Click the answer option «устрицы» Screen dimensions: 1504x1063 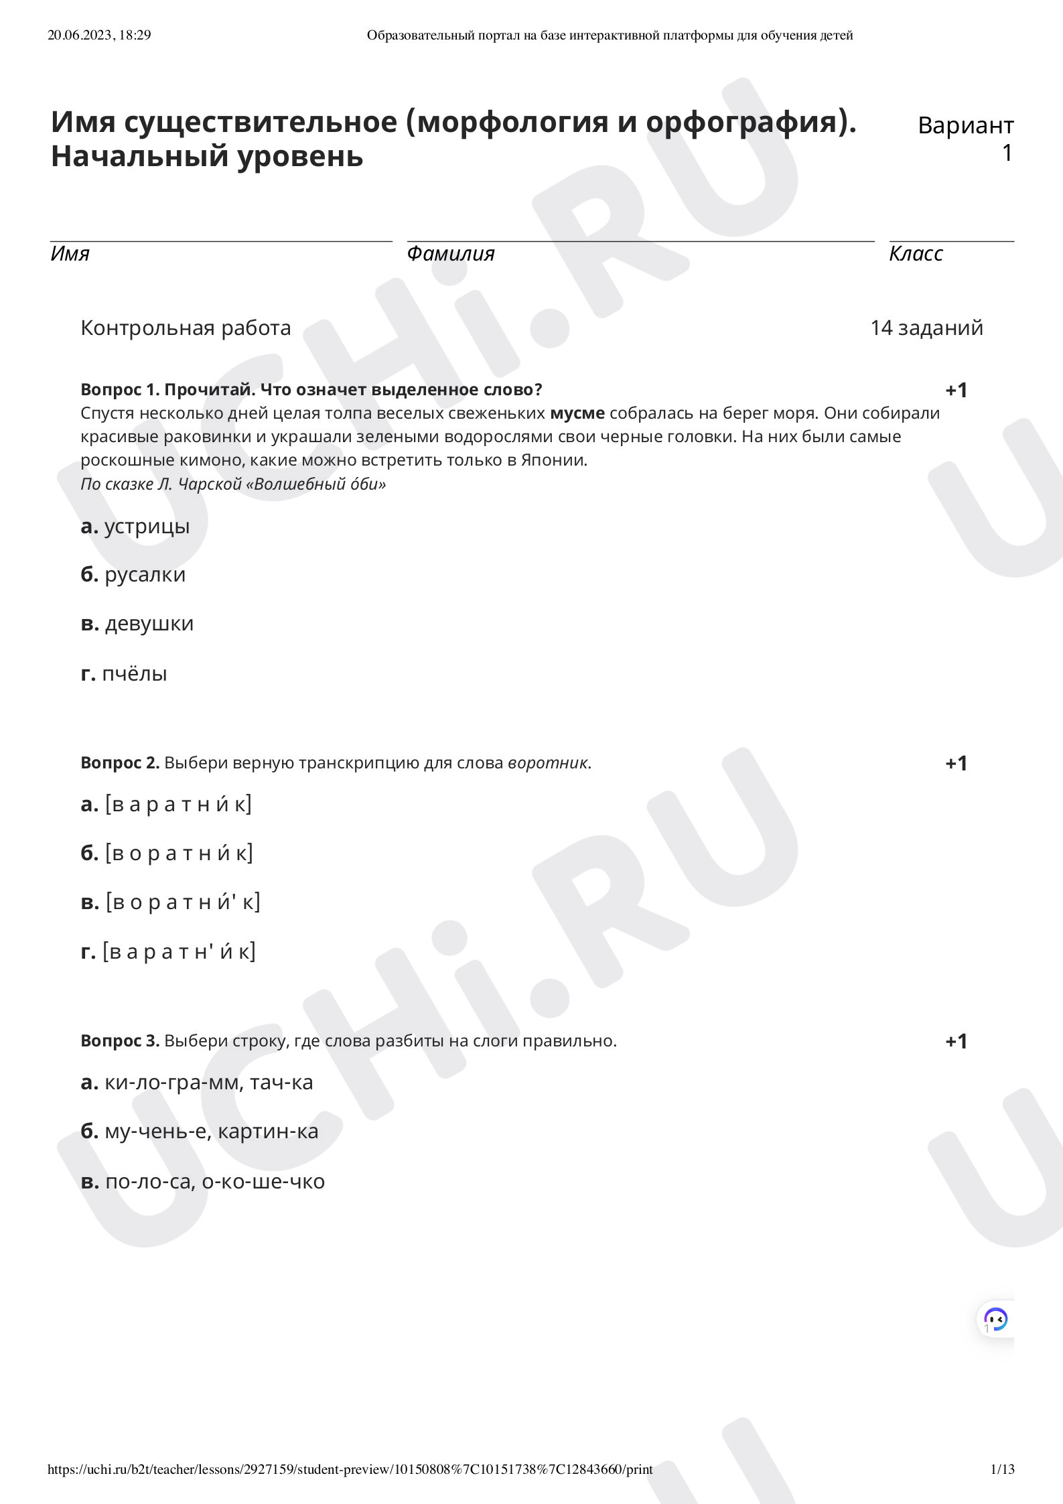pos(147,527)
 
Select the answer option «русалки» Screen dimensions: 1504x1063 pos(145,575)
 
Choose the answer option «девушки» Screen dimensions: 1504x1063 pos(149,624)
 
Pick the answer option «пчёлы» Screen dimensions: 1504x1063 pos(134,673)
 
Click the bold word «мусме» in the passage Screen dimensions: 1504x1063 pos(577,413)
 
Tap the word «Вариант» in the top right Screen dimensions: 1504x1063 pos(965,125)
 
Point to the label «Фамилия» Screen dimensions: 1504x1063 pos(450,254)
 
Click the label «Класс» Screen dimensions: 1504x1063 pos(916,254)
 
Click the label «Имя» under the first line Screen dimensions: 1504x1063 pos(70,254)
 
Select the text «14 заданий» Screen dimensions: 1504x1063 pos(926,328)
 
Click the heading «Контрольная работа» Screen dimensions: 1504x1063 pos(186,328)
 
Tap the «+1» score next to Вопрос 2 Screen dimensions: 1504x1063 pos(956,763)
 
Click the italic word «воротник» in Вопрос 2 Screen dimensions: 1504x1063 pos(548,763)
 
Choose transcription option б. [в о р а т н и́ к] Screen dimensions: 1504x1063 pos(179,853)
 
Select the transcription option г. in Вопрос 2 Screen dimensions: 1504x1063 pos(179,951)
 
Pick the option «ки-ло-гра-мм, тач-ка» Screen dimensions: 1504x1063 pos(208,1083)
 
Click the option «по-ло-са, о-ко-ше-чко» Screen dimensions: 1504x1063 pos(214,1181)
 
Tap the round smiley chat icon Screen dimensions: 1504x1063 pos(996,1319)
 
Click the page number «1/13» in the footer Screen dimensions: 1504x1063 pos(1002,1470)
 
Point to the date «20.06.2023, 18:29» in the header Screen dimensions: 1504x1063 pos(99,36)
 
